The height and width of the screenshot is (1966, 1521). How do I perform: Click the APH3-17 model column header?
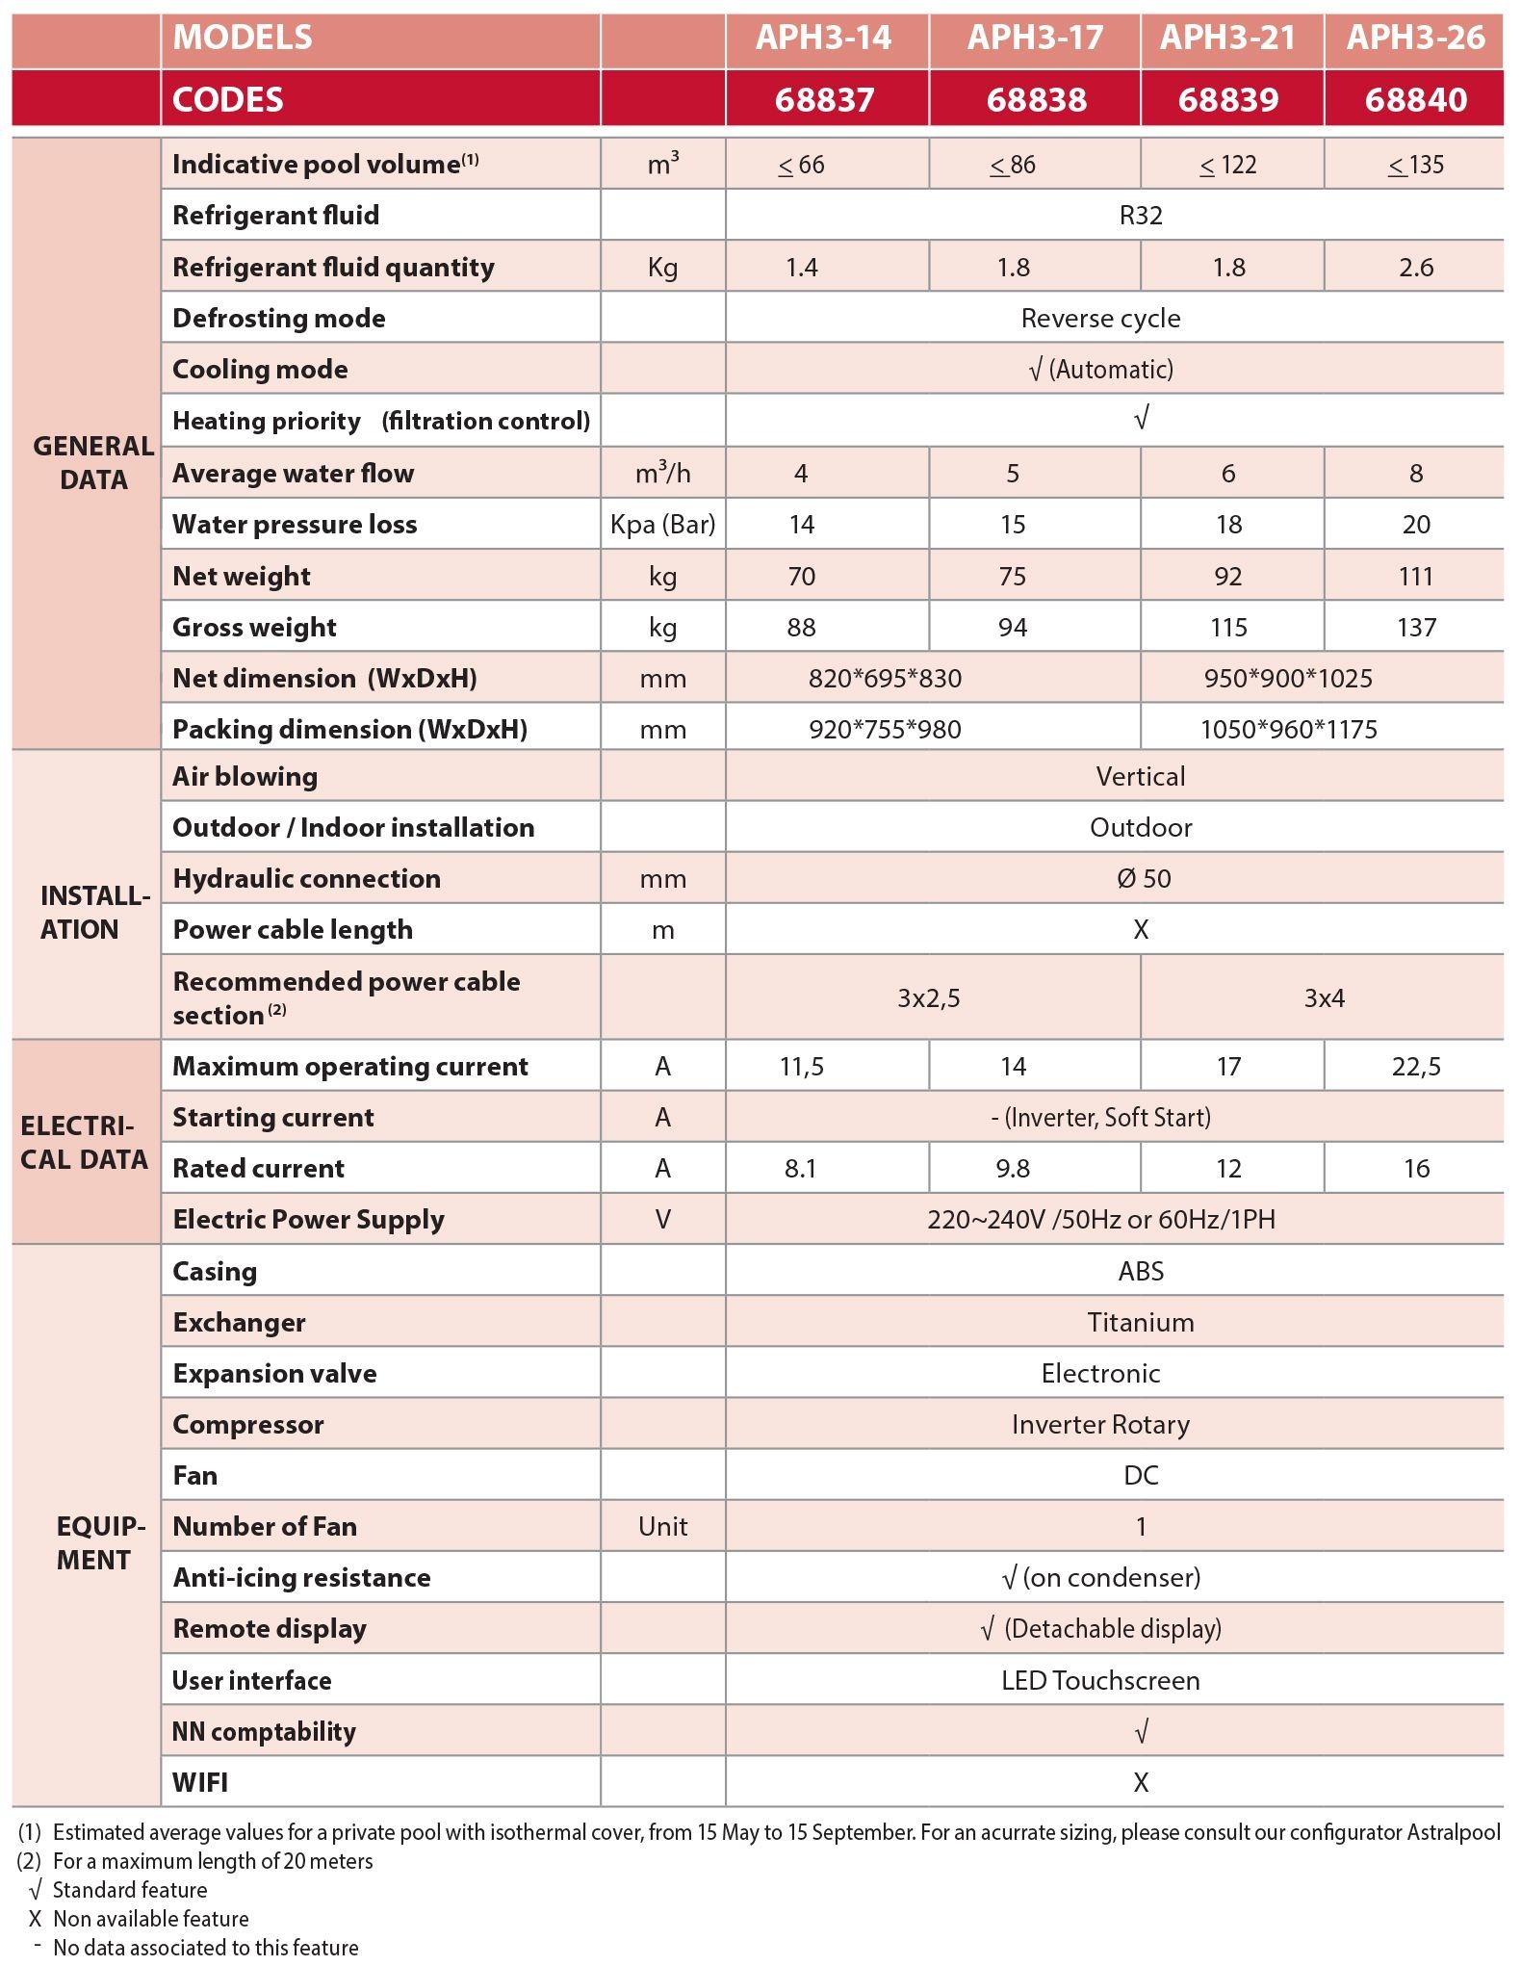point(1035,39)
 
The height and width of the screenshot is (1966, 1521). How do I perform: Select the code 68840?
point(1415,100)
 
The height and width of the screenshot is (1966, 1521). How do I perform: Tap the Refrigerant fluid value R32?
point(1141,216)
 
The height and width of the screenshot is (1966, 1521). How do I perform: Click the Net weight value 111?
point(1415,577)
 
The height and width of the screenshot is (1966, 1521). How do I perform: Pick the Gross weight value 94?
point(1013,628)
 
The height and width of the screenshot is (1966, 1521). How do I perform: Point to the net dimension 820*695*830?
point(885,679)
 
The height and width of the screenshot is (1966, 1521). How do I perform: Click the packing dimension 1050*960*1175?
point(1288,730)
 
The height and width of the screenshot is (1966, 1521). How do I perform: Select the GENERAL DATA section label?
point(93,463)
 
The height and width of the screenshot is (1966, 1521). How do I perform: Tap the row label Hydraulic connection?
point(306,879)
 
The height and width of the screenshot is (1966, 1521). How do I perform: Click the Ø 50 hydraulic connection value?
point(1144,879)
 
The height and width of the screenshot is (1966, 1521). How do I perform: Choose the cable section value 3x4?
point(1324,998)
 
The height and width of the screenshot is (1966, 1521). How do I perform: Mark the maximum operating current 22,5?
point(1415,1067)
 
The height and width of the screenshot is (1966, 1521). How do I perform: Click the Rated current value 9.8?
point(1013,1169)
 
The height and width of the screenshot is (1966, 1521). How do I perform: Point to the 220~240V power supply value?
point(1100,1220)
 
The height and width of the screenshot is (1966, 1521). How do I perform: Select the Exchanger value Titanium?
point(1141,1323)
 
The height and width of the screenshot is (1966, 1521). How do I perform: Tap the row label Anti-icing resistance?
point(301,1578)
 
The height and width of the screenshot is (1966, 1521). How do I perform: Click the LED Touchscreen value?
point(1100,1681)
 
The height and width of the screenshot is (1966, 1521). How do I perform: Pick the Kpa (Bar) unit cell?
point(663,525)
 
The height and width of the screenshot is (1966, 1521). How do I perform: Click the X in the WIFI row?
point(1141,1783)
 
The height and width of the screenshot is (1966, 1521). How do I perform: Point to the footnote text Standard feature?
point(130,1890)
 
